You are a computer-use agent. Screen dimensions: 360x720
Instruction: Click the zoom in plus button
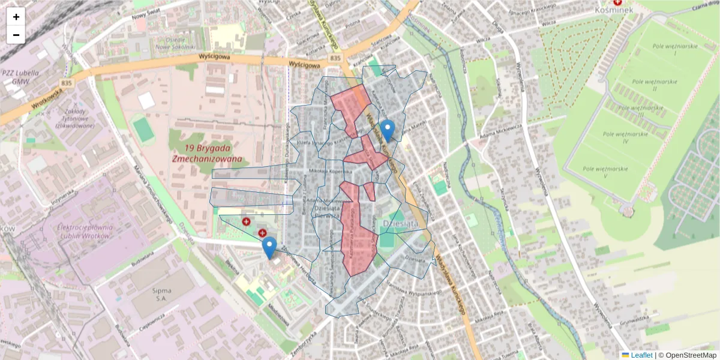pyautogui.click(x=16, y=17)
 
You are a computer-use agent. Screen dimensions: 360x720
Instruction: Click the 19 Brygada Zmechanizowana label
pyautogui.click(x=207, y=154)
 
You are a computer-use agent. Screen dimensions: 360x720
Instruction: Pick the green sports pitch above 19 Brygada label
pyautogui.click(x=142, y=130)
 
